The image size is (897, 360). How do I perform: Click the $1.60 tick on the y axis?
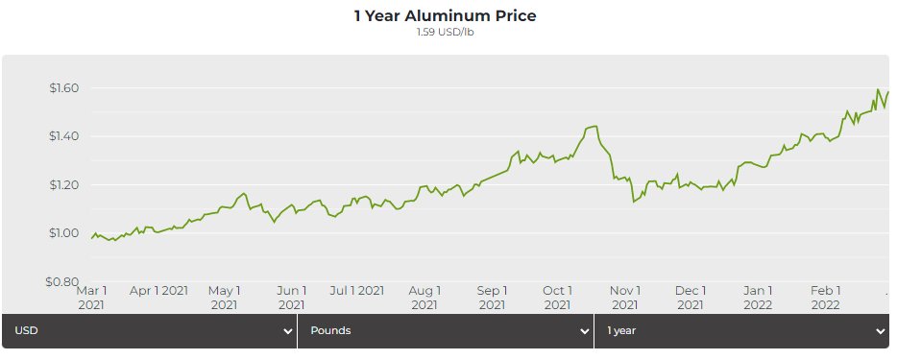click(63, 88)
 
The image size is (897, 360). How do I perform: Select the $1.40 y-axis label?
click(63, 136)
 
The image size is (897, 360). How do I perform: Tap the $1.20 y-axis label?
click(63, 184)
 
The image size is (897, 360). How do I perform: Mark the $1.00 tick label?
click(63, 233)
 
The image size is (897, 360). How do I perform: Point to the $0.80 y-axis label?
click(63, 282)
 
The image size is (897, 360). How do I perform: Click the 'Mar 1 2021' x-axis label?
click(91, 297)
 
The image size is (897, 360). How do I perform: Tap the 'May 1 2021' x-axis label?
click(225, 297)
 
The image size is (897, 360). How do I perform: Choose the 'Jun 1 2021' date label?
click(292, 297)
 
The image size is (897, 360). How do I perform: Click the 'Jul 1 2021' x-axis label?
click(356, 290)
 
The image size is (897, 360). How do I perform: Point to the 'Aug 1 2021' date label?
click(424, 297)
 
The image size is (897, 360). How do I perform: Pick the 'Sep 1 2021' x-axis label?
click(492, 297)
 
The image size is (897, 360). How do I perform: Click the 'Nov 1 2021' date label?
click(625, 297)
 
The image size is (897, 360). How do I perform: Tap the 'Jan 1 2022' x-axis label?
click(759, 297)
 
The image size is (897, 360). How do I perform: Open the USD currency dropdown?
click(149, 331)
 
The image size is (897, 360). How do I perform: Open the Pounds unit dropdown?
click(446, 331)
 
